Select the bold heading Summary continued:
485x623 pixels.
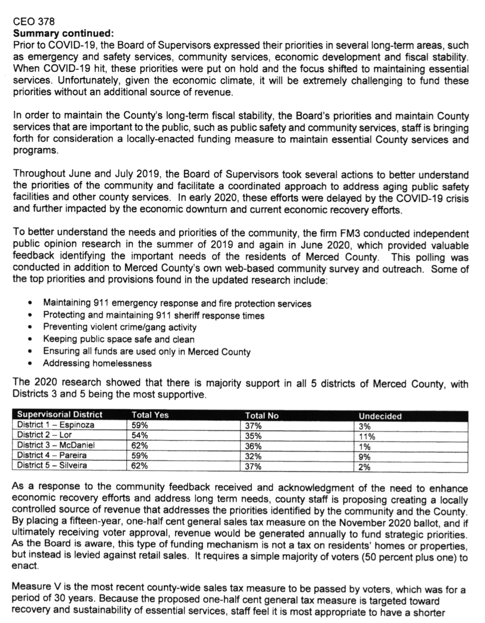click(63, 33)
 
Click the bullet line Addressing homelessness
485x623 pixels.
click(97, 364)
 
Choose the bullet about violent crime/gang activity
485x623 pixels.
click(119, 327)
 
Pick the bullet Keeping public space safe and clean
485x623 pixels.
click(118, 339)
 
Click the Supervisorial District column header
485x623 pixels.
click(60, 415)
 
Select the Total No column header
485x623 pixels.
click(262, 416)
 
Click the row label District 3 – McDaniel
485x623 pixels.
click(56, 446)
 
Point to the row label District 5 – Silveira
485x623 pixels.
click(52, 466)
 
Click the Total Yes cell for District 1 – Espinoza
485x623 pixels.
click(140, 425)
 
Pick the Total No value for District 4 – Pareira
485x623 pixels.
click(253, 456)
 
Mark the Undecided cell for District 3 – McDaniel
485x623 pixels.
click(365, 447)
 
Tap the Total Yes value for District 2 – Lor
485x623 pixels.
click(140, 435)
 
